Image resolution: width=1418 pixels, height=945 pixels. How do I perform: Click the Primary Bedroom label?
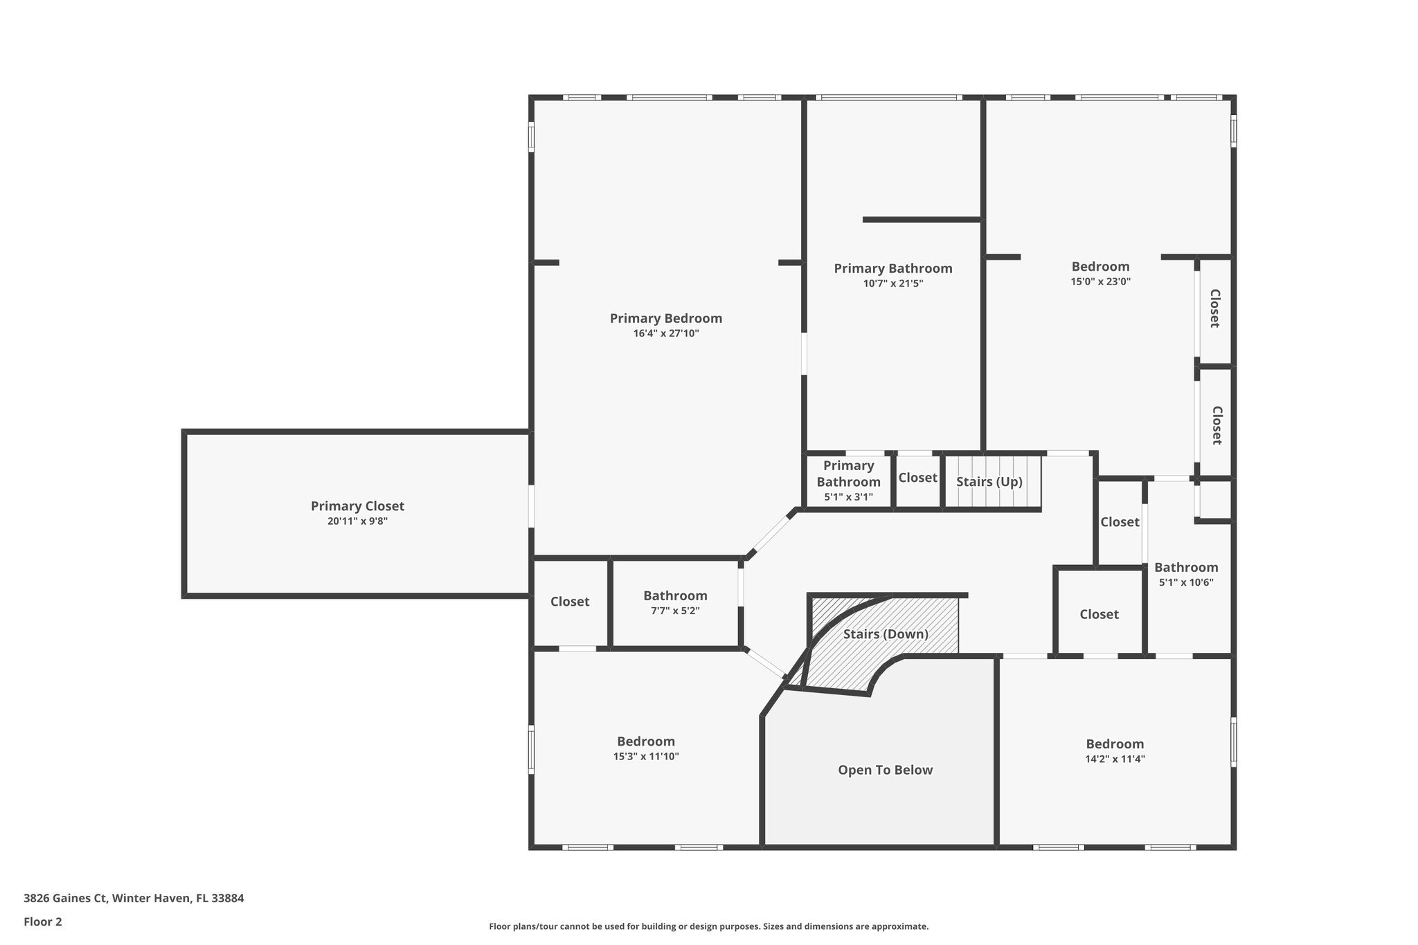click(x=665, y=318)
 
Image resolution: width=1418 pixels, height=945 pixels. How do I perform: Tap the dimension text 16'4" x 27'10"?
click(x=665, y=334)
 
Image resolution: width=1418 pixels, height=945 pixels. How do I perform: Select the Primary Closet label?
click(x=357, y=506)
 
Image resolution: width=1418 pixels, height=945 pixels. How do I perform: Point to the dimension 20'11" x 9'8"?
click(x=357, y=521)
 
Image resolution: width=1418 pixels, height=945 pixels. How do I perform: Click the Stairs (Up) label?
click(x=989, y=482)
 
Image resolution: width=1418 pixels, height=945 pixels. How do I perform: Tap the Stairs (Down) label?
click(x=886, y=634)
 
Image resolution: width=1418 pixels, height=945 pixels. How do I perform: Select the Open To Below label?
click(x=885, y=770)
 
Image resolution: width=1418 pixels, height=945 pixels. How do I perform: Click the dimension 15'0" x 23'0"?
click(x=1100, y=282)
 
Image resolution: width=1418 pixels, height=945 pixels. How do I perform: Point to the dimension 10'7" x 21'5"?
click(x=892, y=283)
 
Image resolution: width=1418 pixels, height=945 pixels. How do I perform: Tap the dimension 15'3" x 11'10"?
click(x=645, y=757)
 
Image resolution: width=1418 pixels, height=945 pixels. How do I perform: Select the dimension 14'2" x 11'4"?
click(x=1115, y=759)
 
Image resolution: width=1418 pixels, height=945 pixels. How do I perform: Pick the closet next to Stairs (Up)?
click(x=917, y=478)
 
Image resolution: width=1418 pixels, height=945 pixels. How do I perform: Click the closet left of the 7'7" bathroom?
click(x=570, y=602)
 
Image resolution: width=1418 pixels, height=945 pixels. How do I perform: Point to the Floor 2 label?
click(x=43, y=921)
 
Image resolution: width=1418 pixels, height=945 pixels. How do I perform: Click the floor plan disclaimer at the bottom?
click(x=708, y=926)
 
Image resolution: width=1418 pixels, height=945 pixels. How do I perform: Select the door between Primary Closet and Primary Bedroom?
click(x=531, y=506)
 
